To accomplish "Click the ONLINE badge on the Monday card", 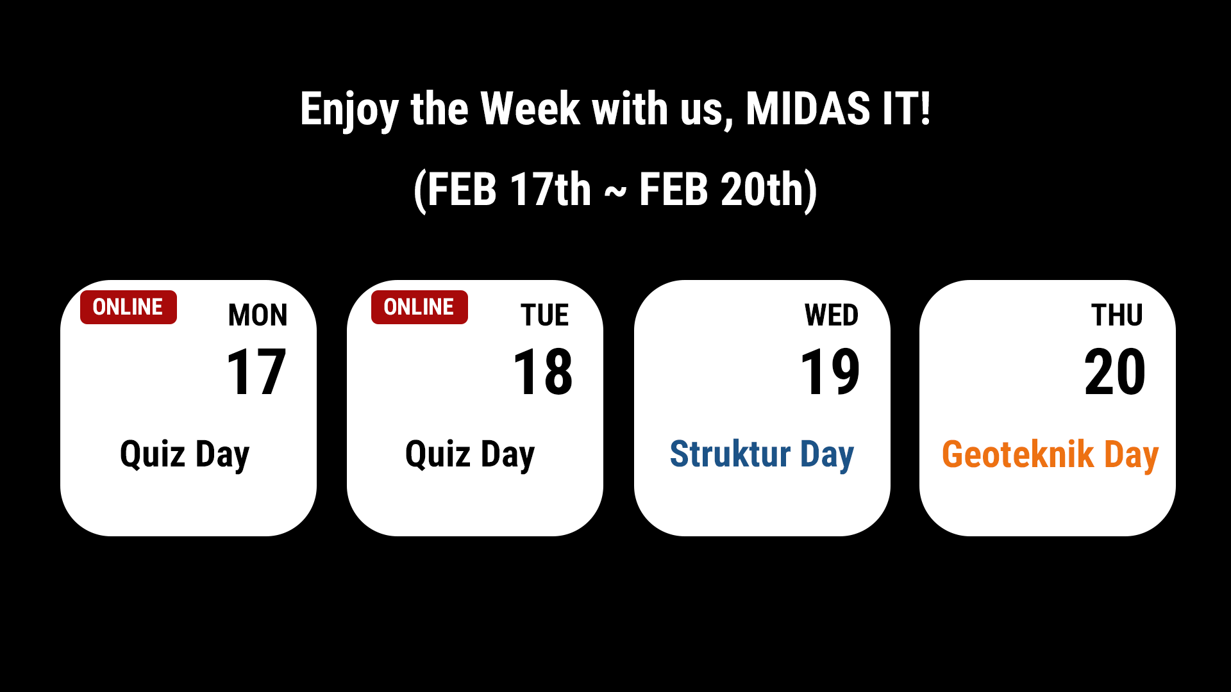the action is pyautogui.click(x=128, y=307).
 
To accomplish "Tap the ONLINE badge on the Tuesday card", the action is pyautogui.click(x=419, y=307).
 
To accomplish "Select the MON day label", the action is pyautogui.click(x=258, y=315).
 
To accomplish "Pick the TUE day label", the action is pyautogui.click(x=544, y=315).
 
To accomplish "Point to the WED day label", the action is pyautogui.click(x=832, y=315).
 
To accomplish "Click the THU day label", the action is pyautogui.click(x=1117, y=315).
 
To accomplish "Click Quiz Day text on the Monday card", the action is pyautogui.click(x=185, y=455).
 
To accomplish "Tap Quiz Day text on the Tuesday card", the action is pyautogui.click(x=470, y=455).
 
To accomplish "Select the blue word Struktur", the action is pyautogui.click(x=730, y=454).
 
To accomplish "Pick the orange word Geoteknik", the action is pyautogui.click(x=1017, y=454).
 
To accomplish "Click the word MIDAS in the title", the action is pyautogui.click(x=808, y=108).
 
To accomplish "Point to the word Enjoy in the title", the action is pyautogui.click(x=349, y=110).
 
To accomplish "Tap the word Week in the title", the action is pyautogui.click(x=530, y=108).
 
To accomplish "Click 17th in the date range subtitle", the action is pyautogui.click(x=551, y=189).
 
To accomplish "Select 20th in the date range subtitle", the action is pyautogui.click(x=762, y=189).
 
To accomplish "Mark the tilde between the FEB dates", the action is pyautogui.click(x=615, y=192).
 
